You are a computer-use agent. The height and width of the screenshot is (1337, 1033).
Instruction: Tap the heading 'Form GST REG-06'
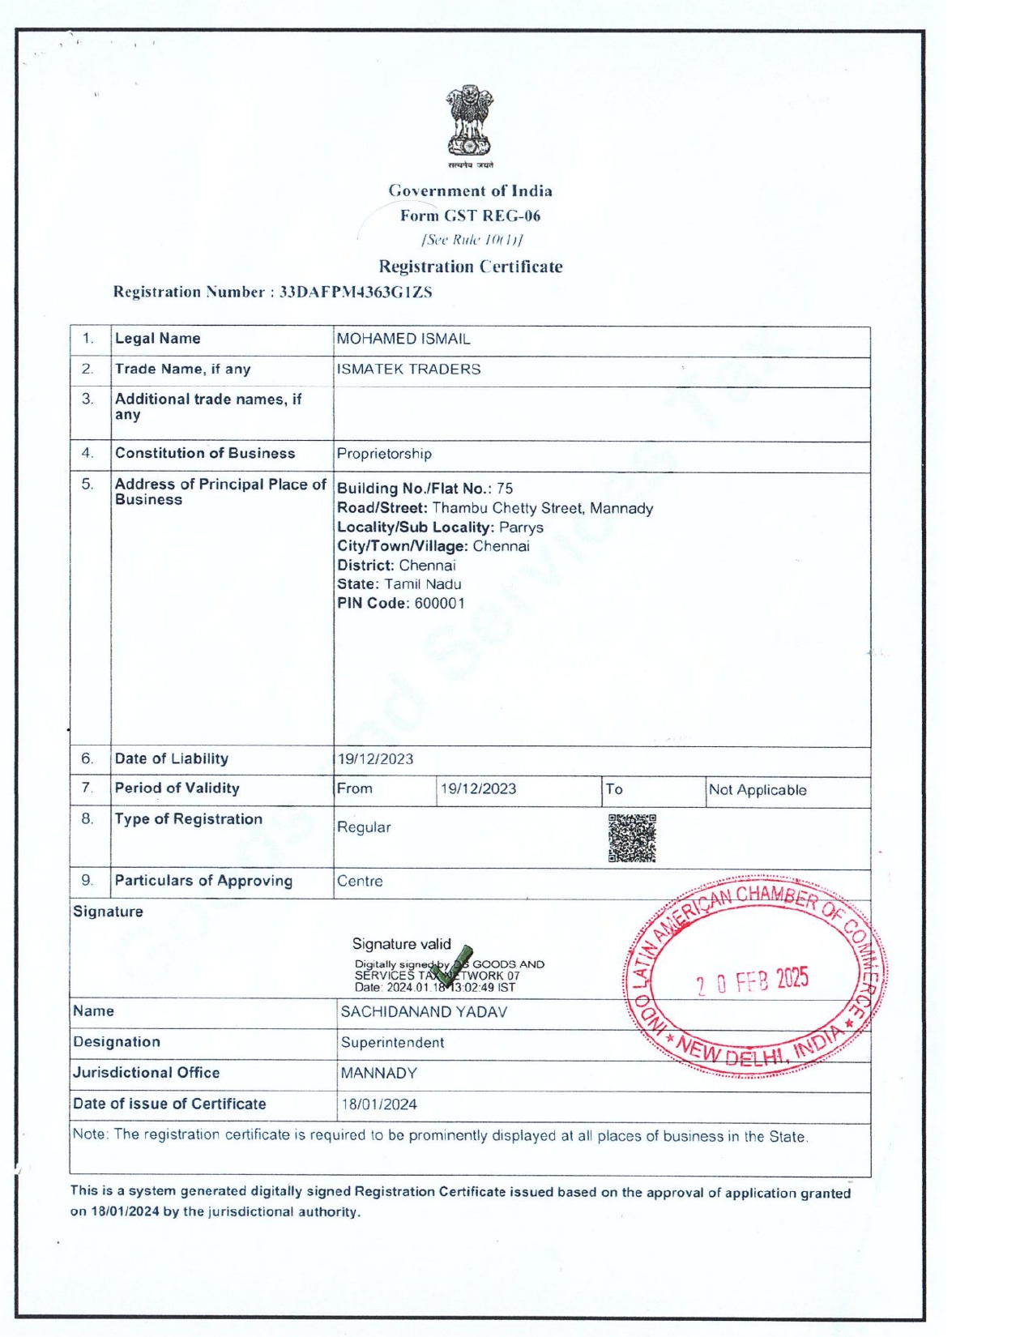coord(470,216)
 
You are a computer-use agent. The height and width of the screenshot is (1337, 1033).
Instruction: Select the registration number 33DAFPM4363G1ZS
coord(356,292)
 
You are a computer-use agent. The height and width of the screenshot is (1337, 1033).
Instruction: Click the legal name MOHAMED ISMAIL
coord(403,339)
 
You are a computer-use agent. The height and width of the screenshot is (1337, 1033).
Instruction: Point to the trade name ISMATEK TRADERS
coord(408,369)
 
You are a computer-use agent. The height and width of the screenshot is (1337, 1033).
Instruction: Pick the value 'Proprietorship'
coord(384,454)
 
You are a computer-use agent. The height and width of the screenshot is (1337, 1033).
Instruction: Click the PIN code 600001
coord(440,603)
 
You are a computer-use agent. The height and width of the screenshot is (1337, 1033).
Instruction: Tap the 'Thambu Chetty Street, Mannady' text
coord(542,508)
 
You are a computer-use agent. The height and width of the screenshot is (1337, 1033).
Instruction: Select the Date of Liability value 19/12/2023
coord(376,759)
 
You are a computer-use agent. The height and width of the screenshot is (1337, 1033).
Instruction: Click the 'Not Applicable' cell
coord(758,790)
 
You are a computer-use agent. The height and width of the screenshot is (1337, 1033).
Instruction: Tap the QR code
coord(632,839)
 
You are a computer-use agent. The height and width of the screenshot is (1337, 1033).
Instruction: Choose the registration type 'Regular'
coord(364,827)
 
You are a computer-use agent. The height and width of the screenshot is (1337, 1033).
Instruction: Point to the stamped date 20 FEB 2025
coord(752,981)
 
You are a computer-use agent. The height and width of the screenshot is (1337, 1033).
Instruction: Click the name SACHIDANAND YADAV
coord(424,1012)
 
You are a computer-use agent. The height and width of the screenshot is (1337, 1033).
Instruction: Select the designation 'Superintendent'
coord(392,1042)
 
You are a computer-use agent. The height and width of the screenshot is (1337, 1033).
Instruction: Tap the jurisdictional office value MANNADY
coord(378,1074)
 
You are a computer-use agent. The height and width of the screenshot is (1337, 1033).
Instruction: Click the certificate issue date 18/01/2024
coord(379,1104)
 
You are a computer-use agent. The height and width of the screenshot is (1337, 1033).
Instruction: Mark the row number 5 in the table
coord(88,485)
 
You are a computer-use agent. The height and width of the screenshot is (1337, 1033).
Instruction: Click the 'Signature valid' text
coord(401,944)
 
